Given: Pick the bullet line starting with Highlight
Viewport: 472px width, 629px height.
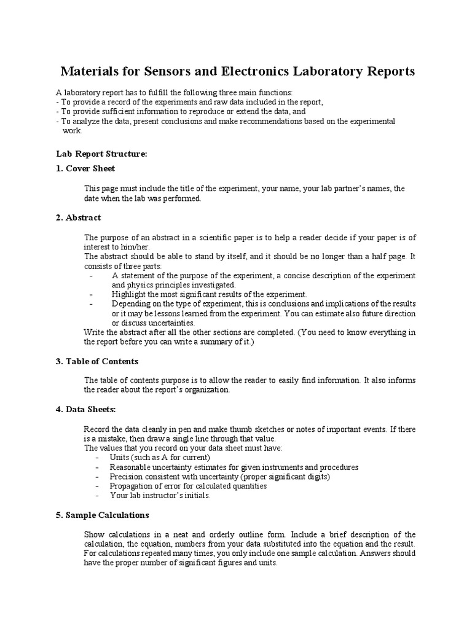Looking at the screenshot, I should click(209, 294).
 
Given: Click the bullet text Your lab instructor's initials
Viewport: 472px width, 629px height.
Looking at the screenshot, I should click(160, 495).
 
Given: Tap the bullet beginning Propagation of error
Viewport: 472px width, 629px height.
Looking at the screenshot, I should click(188, 486).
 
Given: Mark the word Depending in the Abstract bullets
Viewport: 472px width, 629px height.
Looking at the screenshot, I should click(132, 304).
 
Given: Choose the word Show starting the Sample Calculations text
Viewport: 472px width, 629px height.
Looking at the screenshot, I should click(94, 534).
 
